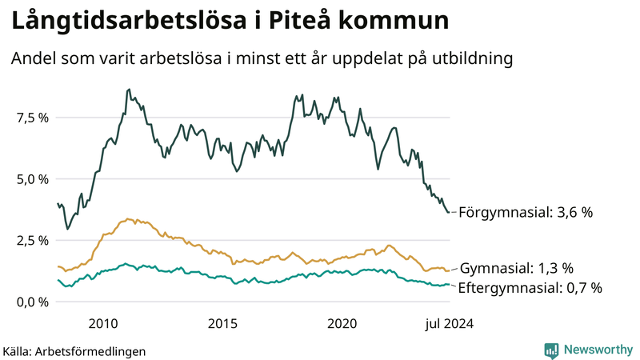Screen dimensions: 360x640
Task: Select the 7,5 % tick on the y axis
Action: click(x=34, y=118)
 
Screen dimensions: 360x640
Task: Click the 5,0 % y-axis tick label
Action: click(x=34, y=179)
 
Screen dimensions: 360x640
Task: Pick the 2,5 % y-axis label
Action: click(x=34, y=241)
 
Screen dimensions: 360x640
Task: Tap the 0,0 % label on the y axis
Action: click(x=34, y=302)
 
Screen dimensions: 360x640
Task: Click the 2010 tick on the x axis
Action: click(x=104, y=323)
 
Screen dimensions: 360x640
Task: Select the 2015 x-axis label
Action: click(x=223, y=323)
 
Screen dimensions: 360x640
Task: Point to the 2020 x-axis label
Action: click(x=342, y=323)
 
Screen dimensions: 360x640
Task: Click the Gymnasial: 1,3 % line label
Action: click(x=517, y=268)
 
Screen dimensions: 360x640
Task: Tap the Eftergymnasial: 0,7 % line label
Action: click(x=530, y=287)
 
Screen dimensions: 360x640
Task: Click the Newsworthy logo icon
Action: click(x=551, y=350)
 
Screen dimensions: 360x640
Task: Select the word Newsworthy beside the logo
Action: click(x=597, y=350)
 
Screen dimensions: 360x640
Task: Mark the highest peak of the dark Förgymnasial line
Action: click(x=130, y=90)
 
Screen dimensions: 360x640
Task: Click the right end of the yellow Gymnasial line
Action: click(x=449, y=270)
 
